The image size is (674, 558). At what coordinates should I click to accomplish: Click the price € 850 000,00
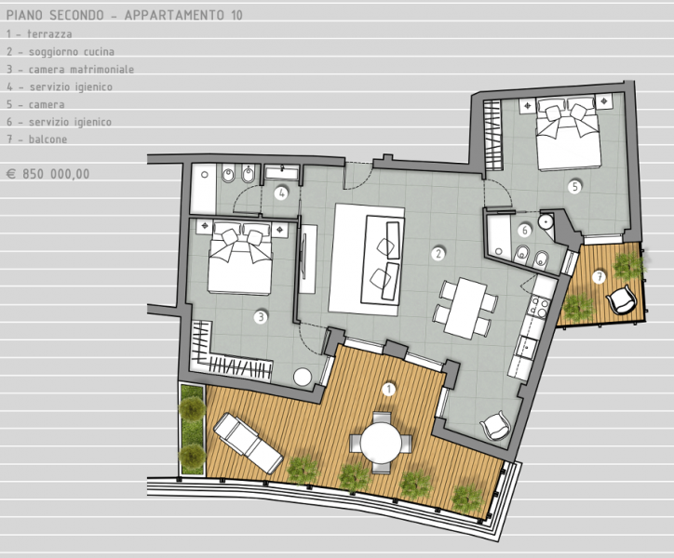[x=48, y=174]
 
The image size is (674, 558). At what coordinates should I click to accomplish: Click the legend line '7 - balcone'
[x=37, y=139]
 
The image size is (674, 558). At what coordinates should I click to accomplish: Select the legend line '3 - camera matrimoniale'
[x=70, y=69]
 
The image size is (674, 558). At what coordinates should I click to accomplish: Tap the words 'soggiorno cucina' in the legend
[x=72, y=52]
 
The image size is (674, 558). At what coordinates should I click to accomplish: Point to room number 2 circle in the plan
[x=438, y=254]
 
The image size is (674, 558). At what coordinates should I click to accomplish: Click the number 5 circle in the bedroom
[x=574, y=186]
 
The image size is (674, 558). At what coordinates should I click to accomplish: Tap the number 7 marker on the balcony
[x=599, y=277]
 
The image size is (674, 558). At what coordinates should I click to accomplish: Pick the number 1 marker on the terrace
[x=388, y=390]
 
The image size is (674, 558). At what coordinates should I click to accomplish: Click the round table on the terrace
[x=381, y=442]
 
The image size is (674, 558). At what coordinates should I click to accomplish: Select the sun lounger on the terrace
[x=248, y=443]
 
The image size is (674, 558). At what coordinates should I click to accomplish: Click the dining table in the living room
[x=465, y=307]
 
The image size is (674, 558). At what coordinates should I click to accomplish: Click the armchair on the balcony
[x=621, y=299]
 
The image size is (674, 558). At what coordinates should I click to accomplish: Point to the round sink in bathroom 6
[x=546, y=221]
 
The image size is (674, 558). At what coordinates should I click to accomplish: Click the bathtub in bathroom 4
[x=203, y=188]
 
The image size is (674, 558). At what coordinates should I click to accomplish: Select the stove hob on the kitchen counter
[x=538, y=306]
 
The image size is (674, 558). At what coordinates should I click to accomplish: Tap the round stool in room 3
[x=303, y=377]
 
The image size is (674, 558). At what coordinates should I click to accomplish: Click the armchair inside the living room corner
[x=495, y=425]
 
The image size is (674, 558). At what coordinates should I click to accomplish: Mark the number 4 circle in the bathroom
[x=281, y=193]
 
